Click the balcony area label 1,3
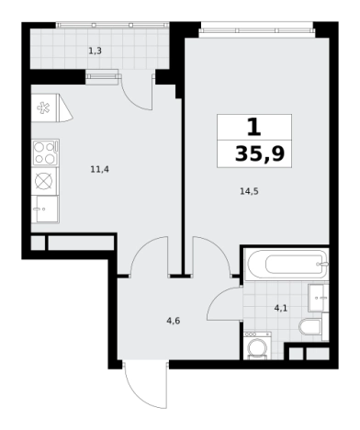[x=96, y=51]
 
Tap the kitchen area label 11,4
[x=100, y=169]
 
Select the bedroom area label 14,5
[x=249, y=192]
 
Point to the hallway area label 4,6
[x=174, y=321]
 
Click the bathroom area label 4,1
[x=281, y=308]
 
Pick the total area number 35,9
[x=260, y=153]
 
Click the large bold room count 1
[x=253, y=128]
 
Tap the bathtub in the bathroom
[x=286, y=264]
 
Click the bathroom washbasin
[x=318, y=298]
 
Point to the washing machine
[x=257, y=345]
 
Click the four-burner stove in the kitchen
[x=45, y=153]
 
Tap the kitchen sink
[x=45, y=209]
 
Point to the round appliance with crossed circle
[x=44, y=181]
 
